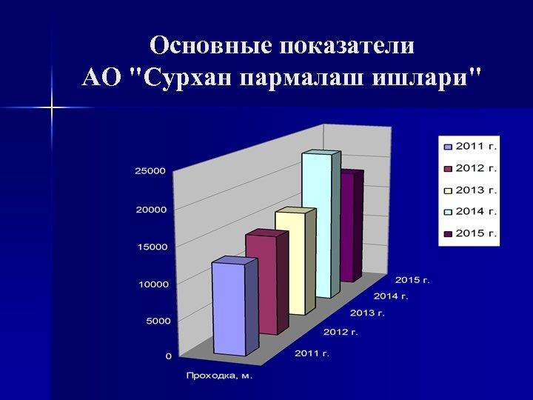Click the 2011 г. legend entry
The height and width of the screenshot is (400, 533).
tap(470, 146)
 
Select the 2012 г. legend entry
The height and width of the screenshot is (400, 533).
tap(470, 168)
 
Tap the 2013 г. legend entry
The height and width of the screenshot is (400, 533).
tap(470, 190)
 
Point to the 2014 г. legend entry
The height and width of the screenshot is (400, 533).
tap(470, 211)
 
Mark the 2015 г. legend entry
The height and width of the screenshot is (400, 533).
tap(470, 233)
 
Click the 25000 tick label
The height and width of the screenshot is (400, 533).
tap(150, 171)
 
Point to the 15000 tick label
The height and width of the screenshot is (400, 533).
tap(150, 247)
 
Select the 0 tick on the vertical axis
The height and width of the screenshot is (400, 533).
tap(168, 356)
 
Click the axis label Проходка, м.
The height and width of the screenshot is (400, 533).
tap(220, 376)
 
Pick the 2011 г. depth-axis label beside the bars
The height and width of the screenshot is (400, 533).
tap(312, 353)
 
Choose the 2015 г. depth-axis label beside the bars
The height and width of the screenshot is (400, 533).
tap(412, 280)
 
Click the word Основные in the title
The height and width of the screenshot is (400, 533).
tap(210, 46)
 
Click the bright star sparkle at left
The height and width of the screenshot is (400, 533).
tap(53, 109)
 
